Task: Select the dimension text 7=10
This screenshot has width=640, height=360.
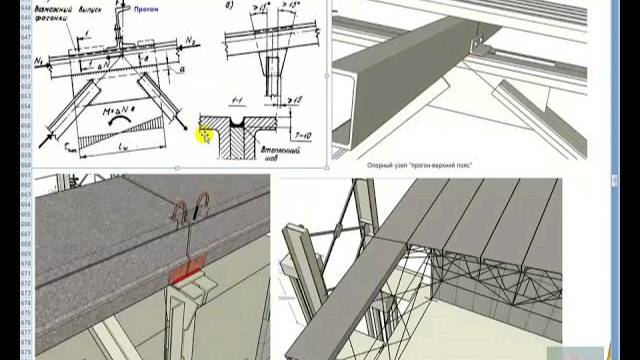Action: (x=302, y=133)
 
